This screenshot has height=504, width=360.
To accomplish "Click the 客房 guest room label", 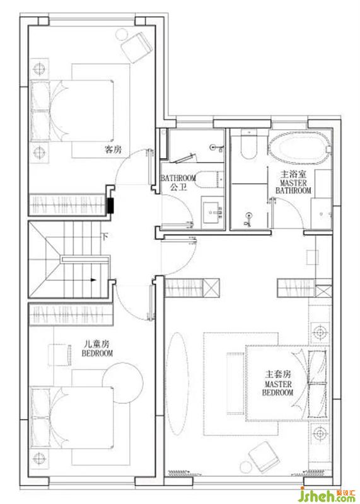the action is tap(113, 149).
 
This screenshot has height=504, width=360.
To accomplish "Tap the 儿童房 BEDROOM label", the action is tap(97, 348).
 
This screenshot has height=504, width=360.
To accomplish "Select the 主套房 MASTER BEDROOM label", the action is tap(278, 384).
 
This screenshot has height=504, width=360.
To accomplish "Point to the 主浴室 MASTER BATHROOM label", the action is tap(293, 182).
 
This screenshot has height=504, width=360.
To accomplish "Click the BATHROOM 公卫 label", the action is tap(178, 182).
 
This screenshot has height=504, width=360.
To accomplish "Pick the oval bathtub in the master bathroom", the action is tap(300, 148).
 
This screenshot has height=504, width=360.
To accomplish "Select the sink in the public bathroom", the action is tap(212, 212).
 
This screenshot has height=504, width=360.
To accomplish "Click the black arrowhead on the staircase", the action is tap(93, 280).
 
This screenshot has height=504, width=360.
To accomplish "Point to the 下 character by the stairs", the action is tap(105, 237).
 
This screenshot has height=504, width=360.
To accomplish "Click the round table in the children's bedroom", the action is tap(122, 383).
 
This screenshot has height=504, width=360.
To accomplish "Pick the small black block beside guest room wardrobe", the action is tap(111, 205).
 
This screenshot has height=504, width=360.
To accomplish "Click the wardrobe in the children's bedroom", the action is tap(71, 314).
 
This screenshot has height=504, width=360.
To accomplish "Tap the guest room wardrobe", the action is tap(67, 204).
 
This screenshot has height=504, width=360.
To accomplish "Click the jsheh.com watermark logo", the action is tap(327, 495).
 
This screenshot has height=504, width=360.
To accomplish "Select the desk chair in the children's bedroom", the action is tap(60, 355).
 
